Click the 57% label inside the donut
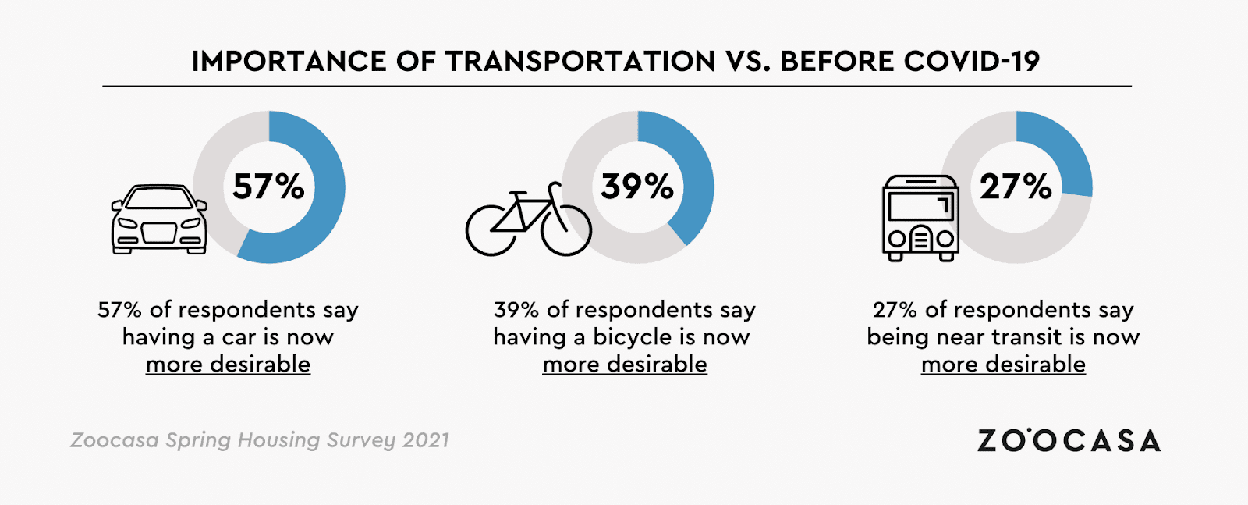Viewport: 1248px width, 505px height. (268, 187)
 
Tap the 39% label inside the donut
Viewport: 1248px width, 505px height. (636, 187)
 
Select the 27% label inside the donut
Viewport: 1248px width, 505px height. (1016, 187)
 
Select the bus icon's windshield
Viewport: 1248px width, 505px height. (920, 206)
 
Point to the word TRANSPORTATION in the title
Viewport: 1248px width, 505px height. (580, 61)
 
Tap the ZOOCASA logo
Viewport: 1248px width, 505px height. (1069, 441)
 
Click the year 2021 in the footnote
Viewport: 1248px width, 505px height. (426, 440)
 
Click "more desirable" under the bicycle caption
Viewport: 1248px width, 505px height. (625, 365)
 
